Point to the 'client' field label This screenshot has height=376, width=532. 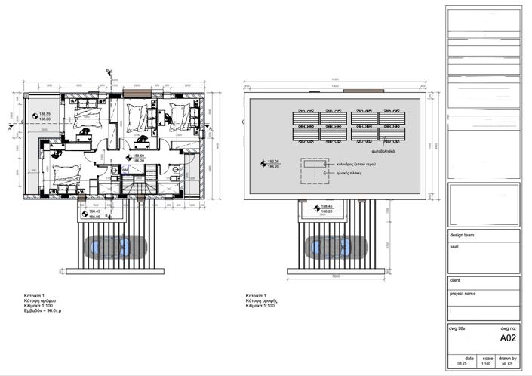click(x=456, y=280)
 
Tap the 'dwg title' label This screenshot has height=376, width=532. click(x=458, y=329)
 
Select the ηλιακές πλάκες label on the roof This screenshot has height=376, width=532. click(x=349, y=173)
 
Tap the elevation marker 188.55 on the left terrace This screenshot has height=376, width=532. click(x=44, y=114)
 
